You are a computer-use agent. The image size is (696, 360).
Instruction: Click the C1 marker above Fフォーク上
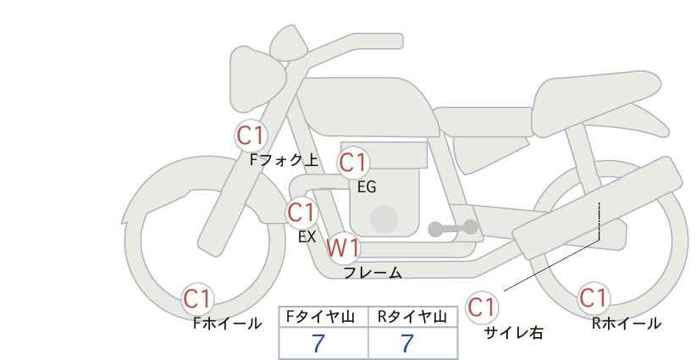(251, 136)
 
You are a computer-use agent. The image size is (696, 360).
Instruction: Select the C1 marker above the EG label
(353, 163)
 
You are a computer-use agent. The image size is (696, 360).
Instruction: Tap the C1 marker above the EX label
(301, 213)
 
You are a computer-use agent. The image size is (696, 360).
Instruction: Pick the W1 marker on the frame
(343, 248)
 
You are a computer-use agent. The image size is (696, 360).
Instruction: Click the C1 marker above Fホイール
(197, 299)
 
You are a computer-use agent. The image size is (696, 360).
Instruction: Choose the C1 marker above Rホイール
(593, 298)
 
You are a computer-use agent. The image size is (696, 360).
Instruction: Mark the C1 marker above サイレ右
(482, 307)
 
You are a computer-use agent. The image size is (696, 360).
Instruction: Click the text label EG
(367, 187)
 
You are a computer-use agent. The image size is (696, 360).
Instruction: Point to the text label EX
(307, 237)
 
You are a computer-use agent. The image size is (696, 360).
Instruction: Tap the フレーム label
(373, 273)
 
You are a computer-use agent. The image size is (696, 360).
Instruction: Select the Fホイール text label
(227, 324)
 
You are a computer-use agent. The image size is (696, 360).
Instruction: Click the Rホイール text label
(627, 324)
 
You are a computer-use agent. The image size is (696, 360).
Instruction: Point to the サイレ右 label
(514, 333)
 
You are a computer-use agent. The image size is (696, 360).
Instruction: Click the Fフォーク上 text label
(284, 160)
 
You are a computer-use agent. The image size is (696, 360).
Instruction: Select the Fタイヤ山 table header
(320, 317)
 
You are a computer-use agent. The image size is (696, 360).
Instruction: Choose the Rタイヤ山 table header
(412, 317)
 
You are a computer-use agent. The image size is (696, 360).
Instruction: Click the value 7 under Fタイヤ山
(318, 344)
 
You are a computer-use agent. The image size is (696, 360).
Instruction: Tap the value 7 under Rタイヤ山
(407, 344)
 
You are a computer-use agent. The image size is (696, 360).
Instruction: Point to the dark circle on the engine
(384, 219)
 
